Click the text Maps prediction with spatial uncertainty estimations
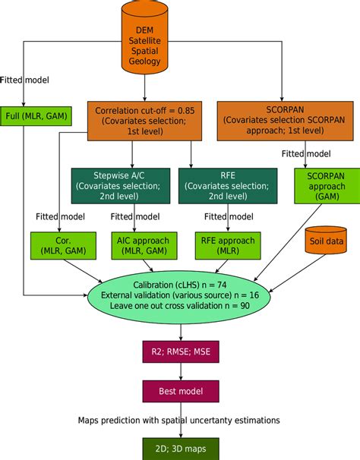180,420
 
